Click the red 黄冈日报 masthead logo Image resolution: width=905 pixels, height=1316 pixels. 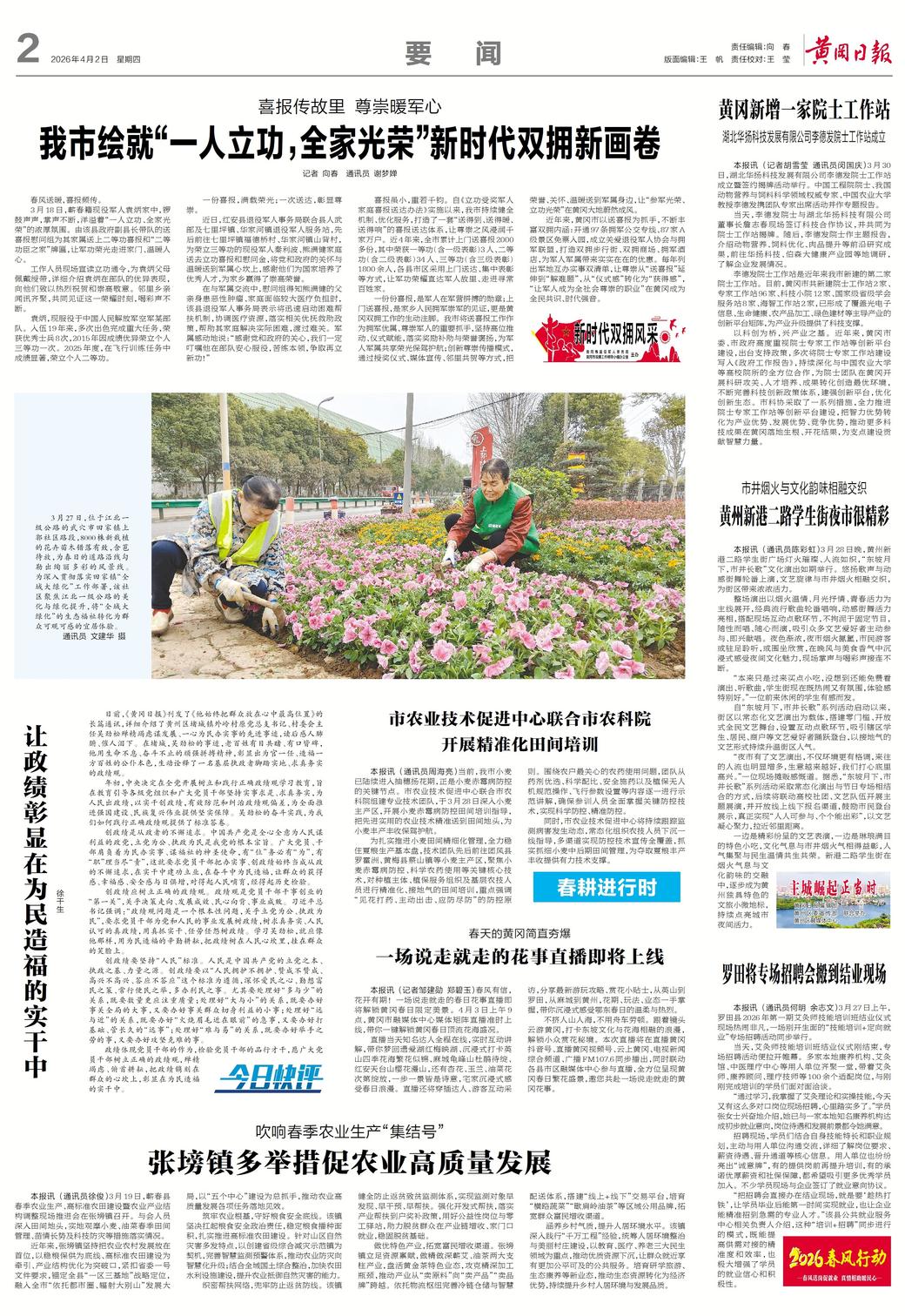848,52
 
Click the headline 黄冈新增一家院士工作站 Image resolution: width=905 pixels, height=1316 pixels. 803,111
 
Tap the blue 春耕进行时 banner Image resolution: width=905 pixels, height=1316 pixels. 607,889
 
